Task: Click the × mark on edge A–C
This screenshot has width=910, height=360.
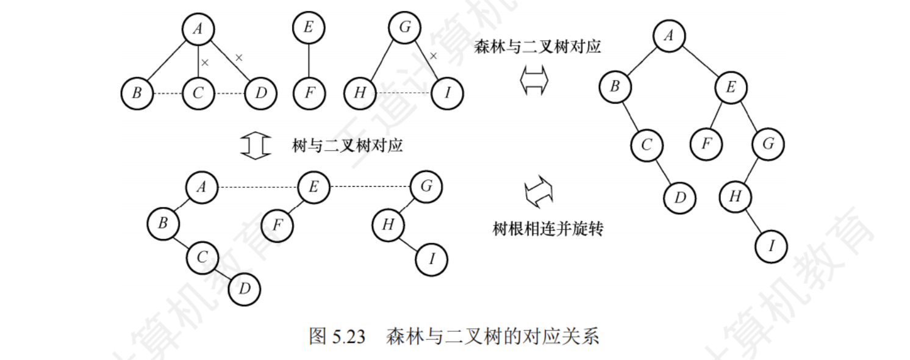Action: [x=205, y=63]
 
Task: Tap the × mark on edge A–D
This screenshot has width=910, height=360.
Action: [x=239, y=58]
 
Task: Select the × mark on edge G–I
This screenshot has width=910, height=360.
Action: [x=434, y=56]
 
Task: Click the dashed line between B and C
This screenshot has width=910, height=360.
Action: [x=168, y=94]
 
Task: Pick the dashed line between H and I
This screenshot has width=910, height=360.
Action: [x=403, y=93]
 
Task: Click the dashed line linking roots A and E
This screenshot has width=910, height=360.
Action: [x=257, y=187]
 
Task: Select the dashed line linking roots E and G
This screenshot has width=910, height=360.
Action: [x=370, y=187]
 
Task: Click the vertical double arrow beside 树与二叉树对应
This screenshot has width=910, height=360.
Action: [x=256, y=145]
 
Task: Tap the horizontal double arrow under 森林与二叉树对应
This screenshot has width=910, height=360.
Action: [x=534, y=81]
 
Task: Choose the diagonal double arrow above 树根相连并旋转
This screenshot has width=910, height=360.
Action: [x=539, y=192]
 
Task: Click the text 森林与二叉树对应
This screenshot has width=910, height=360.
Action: [x=537, y=47]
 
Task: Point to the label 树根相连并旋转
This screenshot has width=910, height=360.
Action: [x=548, y=229]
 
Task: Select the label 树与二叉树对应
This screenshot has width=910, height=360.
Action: [x=347, y=145]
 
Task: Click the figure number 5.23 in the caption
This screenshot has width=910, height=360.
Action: [x=348, y=336]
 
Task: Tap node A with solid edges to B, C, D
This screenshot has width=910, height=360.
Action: [x=198, y=29]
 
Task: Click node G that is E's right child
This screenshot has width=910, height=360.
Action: [x=768, y=144]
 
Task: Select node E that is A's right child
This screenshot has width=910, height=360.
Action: [x=731, y=87]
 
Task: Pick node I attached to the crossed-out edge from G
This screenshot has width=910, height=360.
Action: [x=447, y=93]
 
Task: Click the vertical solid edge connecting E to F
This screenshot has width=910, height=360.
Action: [x=309, y=60]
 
